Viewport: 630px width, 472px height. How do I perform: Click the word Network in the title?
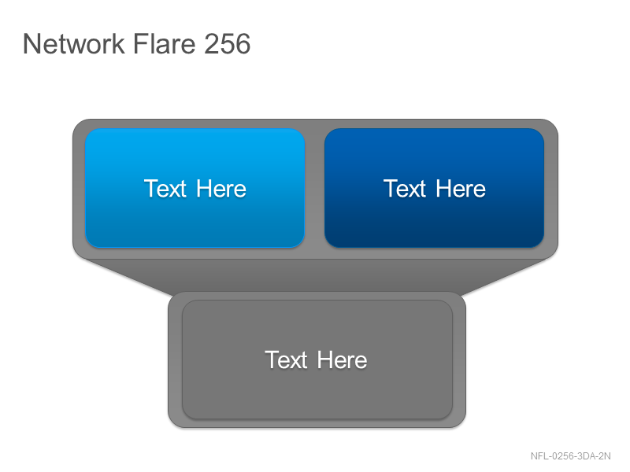click(x=73, y=43)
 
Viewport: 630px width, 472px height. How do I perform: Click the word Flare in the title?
click(x=164, y=43)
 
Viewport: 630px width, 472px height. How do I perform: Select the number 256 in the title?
click(x=228, y=43)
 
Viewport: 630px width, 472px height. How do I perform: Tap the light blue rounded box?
click(x=195, y=188)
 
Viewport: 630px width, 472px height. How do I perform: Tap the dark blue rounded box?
click(x=435, y=188)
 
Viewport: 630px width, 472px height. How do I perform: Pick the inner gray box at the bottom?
click(x=317, y=360)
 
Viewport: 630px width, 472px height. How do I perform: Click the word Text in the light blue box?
click(x=165, y=189)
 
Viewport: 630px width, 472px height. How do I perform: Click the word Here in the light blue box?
click(x=221, y=189)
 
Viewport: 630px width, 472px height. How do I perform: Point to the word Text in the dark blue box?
click(x=405, y=189)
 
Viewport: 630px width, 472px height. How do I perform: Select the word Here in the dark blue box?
click(x=461, y=189)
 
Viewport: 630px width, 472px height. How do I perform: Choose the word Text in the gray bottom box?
click(x=286, y=360)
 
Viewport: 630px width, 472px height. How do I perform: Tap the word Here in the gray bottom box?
click(x=343, y=360)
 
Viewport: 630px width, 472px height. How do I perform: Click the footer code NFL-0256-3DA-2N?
click(x=570, y=456)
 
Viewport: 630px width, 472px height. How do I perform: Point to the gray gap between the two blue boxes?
click(x=314, y=188)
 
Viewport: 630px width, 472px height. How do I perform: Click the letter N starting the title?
click(x=31, y=44)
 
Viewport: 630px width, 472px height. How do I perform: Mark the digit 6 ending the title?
click(x=243, y=44)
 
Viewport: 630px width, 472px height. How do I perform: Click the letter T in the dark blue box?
click(x=391, y=188)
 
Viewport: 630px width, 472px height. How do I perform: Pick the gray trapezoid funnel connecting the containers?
click(x=316, y=277)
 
